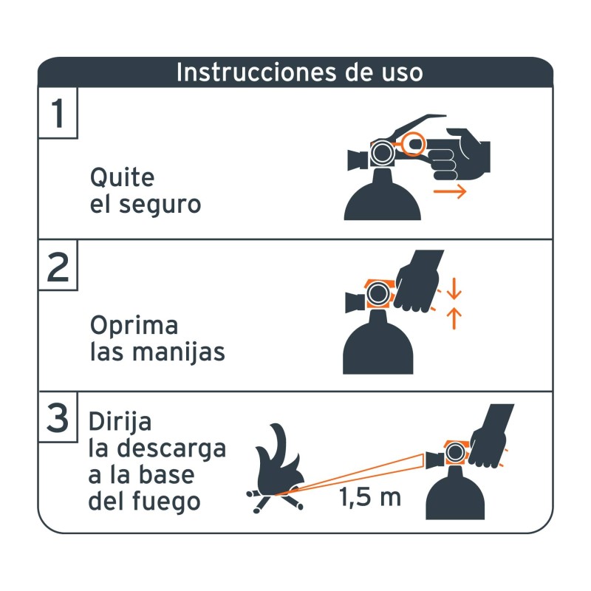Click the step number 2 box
(x=58, y=267)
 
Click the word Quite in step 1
(x=122, y=178)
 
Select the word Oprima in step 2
(x=134, y=326)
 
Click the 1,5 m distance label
(x=370, y=497)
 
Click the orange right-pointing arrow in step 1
(x=450, y=192)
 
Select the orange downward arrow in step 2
(x=455, y=288)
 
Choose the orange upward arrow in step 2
(x=455, y=318)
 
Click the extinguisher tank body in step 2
(x=378, y=347)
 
